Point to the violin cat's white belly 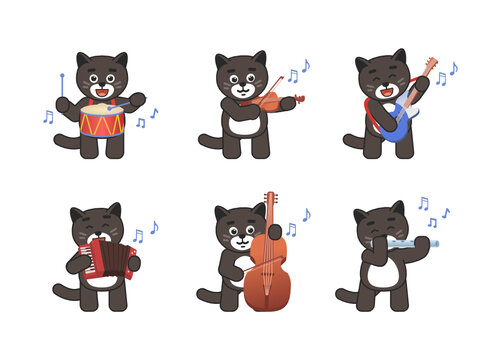(240, 124)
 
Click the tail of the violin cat (207, 140)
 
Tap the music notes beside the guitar (445, 74)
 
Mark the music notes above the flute (433, 212)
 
